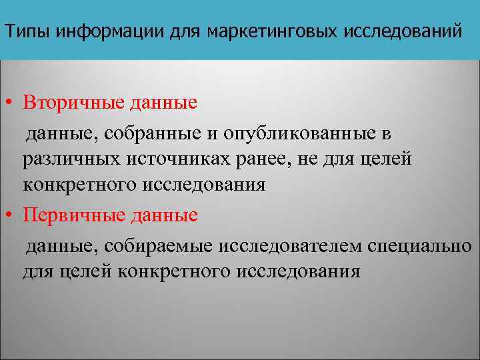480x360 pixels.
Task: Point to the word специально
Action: point(419,247)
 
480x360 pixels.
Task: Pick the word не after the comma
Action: point(301,159)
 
